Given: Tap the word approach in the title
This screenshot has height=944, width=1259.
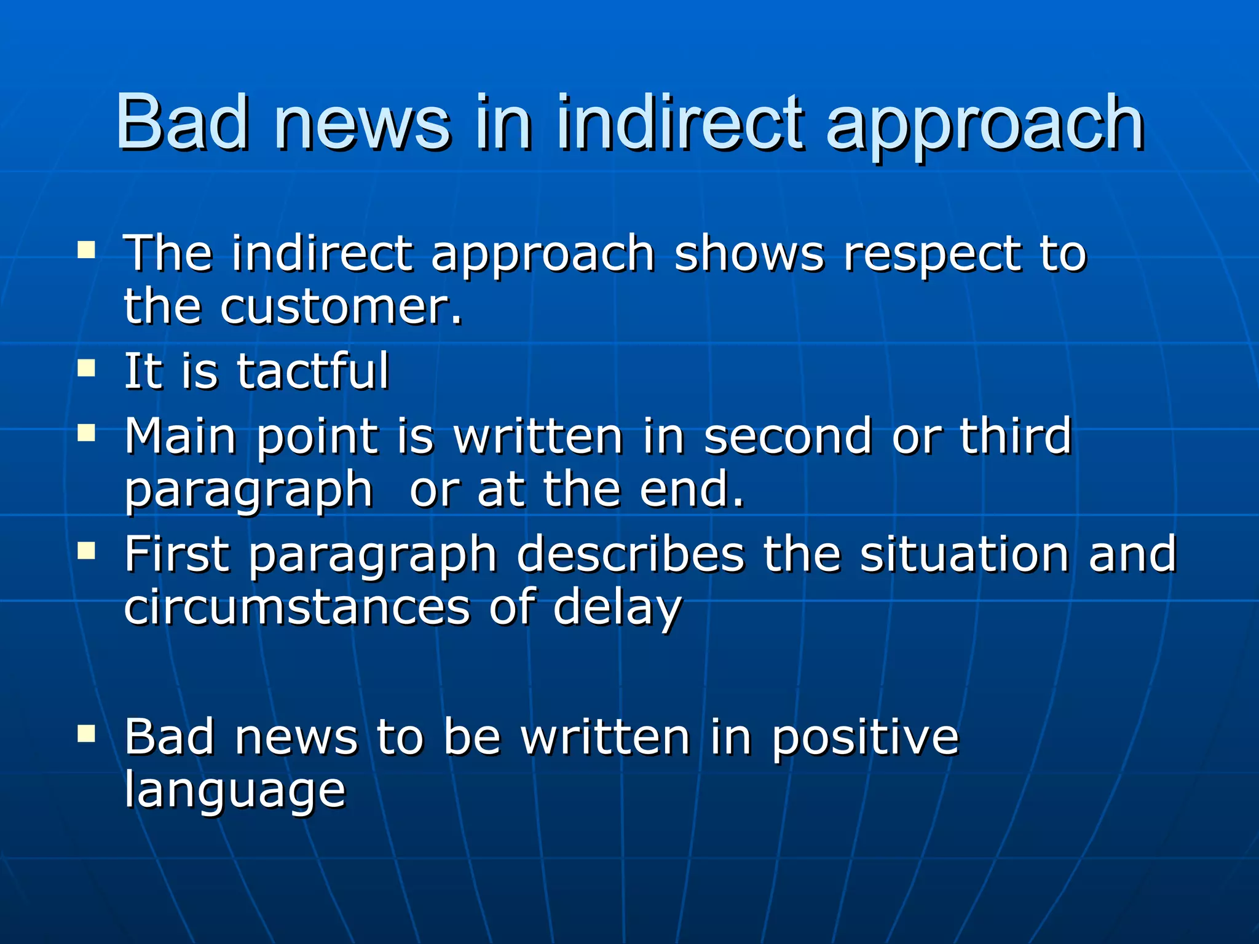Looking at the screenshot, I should coord(984,126).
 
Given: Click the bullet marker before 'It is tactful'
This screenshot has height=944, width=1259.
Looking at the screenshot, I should coord(87,369).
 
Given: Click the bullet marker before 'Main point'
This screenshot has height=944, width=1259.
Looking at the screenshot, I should coord(87,434).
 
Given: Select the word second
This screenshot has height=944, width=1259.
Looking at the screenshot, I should coord(787,436).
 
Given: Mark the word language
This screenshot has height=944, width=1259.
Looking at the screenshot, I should coord(235,792).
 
